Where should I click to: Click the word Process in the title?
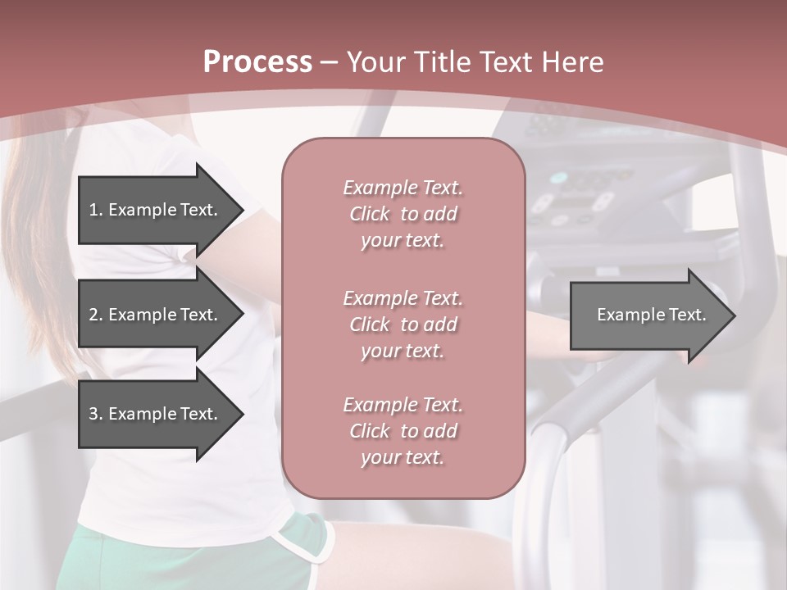[257, 62]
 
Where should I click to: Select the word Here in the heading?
[571, 62]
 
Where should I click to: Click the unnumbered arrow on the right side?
[648, 315]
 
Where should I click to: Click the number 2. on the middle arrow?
[95, 315]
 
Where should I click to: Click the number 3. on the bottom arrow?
[95, 414]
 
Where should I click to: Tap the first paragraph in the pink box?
[403, 214]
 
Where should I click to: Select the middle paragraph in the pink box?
[403, 324]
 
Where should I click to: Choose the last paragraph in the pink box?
[403, 431]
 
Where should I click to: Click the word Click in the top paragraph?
[370, 214]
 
